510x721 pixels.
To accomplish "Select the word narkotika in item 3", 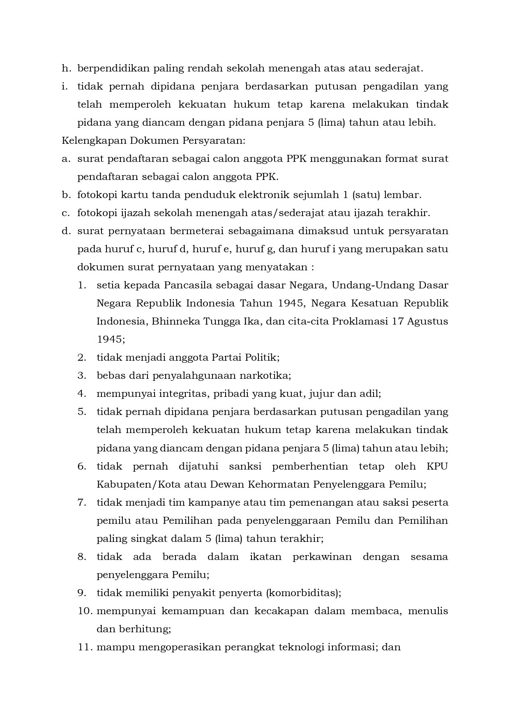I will (x=269, y=375).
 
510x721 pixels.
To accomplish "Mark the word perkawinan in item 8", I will (x=322, y=557).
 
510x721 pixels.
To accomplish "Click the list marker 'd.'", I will (x=66, y=231).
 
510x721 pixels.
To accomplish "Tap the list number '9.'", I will (x=82, y=593).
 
